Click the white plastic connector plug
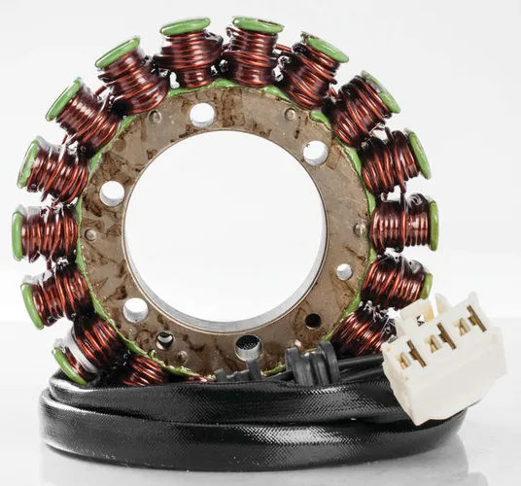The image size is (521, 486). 442,354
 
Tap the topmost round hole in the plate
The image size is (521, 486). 202,115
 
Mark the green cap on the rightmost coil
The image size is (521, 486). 433,225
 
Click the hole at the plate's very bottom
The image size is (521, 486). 249,344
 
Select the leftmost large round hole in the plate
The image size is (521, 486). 112,193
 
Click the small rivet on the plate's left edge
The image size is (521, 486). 91,234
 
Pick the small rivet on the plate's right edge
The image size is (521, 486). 360,229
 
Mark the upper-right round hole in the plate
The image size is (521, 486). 315,152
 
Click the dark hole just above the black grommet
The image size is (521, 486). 313,321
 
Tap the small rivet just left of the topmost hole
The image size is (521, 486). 156,118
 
